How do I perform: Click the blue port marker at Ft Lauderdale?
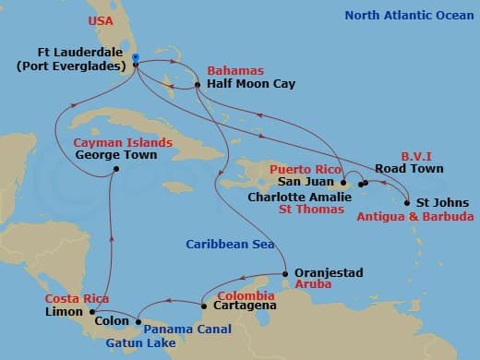click(x=135, y=57)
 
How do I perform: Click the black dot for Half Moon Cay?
click(x=198, y=87)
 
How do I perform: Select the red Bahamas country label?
click(x=234, y=71)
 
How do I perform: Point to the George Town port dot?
click(x=114, y=169)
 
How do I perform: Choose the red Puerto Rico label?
click(x=306, y=170)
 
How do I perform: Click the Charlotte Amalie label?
click(x=297, y=197)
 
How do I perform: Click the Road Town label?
click(x=410, y=169)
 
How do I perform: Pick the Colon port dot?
click(x=138, y=322)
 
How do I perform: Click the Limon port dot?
click(x=103, y=312)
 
